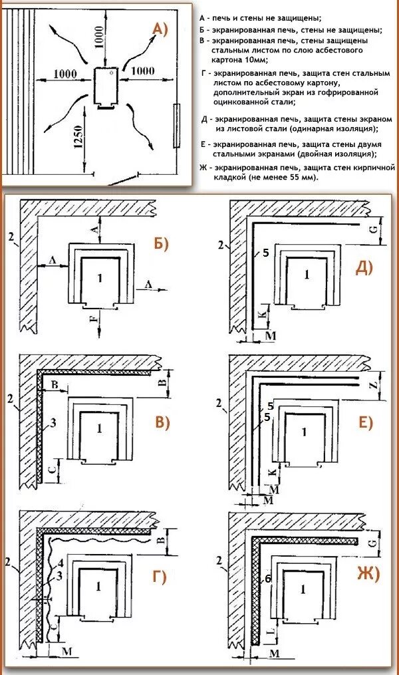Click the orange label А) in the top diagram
(161, 28)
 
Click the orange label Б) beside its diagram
(162, 243)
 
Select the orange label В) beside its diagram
(162, 422)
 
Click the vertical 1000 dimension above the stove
(98, 39)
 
